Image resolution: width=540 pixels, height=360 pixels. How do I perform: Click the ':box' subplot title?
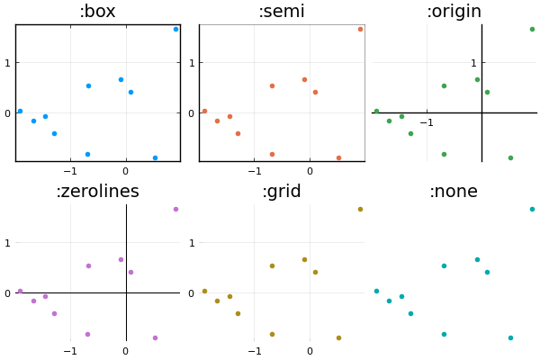tap(97, 12)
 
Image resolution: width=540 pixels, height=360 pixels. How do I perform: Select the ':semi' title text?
tap(281, 12)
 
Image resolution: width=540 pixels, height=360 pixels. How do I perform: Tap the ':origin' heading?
tap(454, 12)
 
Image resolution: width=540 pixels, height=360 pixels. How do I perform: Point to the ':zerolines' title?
tap(97, 192)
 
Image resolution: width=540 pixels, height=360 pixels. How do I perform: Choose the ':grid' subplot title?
tap(281, 192)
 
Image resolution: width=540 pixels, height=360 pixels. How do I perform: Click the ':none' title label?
tap(454, 192)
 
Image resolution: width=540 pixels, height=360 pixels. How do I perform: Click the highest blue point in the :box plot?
tap(175, 29)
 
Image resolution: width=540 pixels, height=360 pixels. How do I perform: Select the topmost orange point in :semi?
tap(360, 29)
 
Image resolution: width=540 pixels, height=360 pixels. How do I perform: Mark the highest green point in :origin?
tap(532, 29)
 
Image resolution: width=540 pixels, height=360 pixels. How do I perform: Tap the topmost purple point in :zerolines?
tap(175, 209)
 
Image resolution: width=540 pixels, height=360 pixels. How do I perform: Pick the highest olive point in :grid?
tap(360, 209)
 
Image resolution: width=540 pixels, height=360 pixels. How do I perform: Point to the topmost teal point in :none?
tap(532, 209)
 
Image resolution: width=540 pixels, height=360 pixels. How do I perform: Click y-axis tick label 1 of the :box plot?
tap(8, 63)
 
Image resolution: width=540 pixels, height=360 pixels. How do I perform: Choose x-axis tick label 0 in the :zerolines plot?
tap(126, 351)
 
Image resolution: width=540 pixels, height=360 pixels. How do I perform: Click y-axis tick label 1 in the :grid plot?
tap(192, 243)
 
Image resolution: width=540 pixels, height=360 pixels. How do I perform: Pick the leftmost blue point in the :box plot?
tap(20, 111)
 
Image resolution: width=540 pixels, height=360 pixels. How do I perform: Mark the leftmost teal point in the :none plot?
tap(376, 291)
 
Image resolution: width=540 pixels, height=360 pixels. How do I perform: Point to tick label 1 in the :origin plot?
tap(473, 63)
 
